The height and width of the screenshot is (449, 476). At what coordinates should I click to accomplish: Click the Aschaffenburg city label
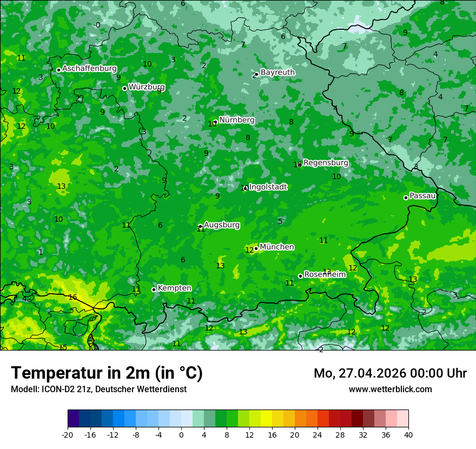coord(89,69)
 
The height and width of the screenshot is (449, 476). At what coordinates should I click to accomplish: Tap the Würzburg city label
coord(147,87)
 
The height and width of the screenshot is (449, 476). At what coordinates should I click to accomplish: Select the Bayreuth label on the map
coord(277,72)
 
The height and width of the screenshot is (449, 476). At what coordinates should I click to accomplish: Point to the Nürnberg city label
coord(236,120)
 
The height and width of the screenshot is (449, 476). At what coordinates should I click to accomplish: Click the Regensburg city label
coord(326,163)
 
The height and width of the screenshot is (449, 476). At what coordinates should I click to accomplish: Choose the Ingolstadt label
coord(268,187)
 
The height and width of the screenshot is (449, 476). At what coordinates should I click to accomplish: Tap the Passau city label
coord(422,196)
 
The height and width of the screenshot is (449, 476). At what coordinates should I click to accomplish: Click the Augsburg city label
coord(221,225)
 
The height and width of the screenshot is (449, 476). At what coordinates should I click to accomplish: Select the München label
coord(277,247)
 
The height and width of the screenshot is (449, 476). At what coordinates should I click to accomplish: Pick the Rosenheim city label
coord(325,275)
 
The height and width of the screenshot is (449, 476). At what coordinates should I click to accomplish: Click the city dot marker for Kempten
coord(154,289)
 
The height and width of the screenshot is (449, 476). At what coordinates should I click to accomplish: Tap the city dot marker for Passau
coord(406,197)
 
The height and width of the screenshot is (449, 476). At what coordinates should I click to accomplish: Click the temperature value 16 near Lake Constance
coord(72,298)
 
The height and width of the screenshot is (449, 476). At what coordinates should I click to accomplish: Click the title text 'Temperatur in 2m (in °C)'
coord(107,373)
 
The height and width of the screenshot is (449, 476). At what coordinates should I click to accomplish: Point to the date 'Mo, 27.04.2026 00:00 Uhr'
coord(390,373)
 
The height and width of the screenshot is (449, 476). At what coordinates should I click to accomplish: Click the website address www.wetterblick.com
coord(390,389)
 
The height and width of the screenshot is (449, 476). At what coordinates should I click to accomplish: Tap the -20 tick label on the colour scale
coord(68,435)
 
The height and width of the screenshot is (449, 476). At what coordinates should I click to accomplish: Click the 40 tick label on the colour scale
coord(408,435)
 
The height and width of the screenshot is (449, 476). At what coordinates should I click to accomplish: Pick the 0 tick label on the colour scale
coord(181,435)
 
